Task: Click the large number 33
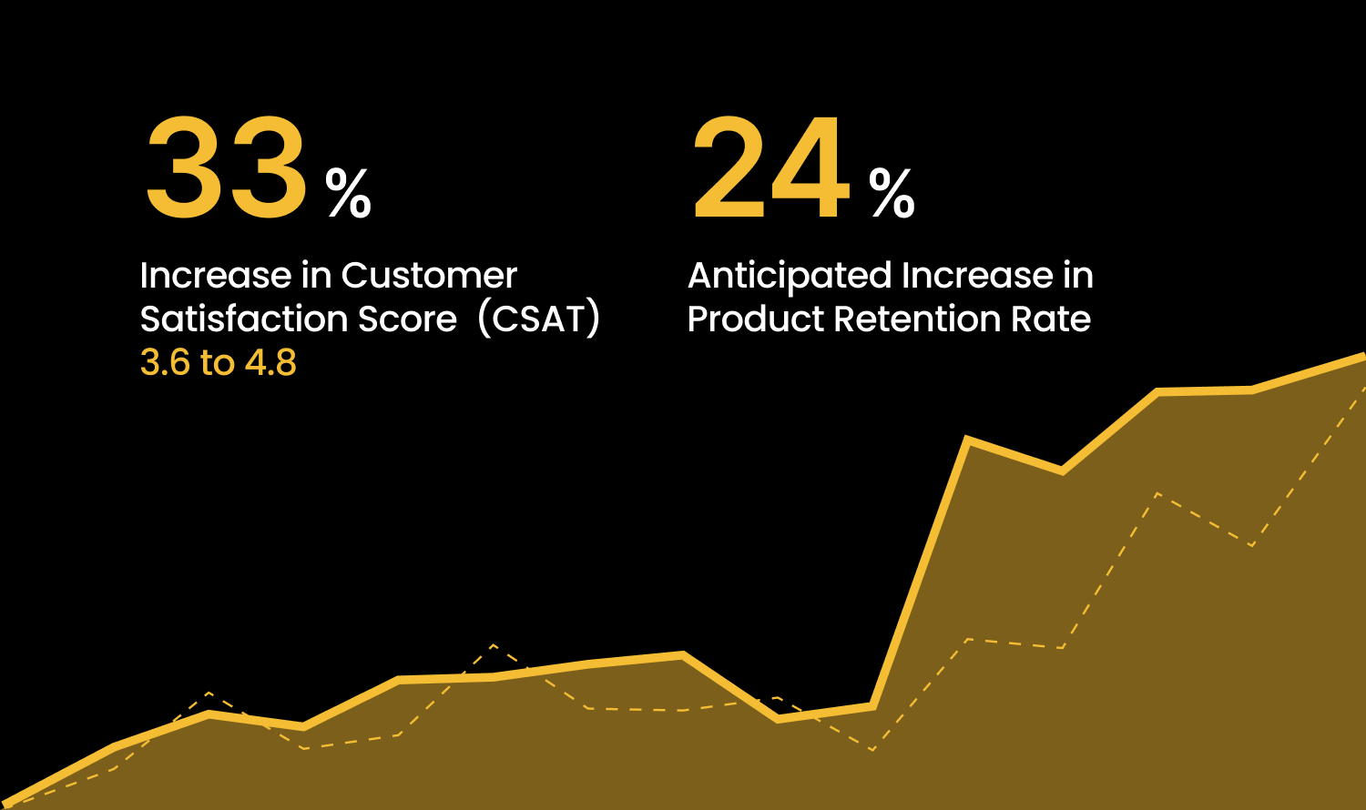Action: pos(226,169)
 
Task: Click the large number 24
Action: pos(771,169)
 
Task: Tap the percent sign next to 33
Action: pos(349,193)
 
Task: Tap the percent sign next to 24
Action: pos(892,193)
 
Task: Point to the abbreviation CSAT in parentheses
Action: pos(539,319)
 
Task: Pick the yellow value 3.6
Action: pos(165,363)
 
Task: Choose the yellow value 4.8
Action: pos(271,363)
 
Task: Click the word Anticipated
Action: pos(789,276)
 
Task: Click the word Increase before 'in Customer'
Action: pos(215,276)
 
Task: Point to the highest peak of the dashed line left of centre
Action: pos(493,645)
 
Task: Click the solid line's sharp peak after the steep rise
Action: pos(967,440)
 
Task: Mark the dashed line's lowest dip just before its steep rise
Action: pos(872,750)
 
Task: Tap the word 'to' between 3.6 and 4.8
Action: pos(218,363)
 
